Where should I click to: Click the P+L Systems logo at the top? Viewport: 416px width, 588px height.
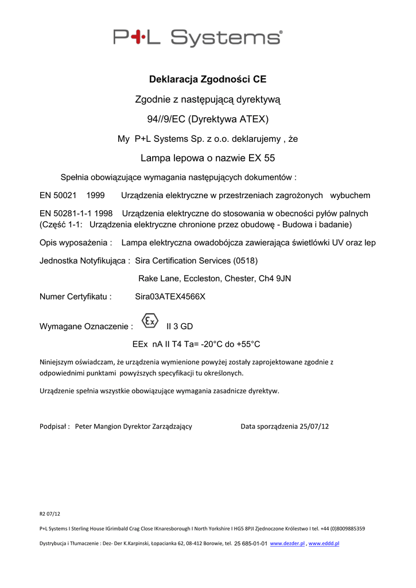click(x=198, y=38)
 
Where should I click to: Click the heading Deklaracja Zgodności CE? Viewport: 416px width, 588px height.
click(x=208, y=79)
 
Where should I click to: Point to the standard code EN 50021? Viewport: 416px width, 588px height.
click(x=57, y=196)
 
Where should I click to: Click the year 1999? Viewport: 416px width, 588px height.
click(x=95, y=196)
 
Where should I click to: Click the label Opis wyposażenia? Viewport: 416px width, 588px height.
click(x=75, y=243)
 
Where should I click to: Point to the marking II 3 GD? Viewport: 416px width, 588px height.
click(x=180, y=326)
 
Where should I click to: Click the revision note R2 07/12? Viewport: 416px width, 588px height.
click(x=49, y=513)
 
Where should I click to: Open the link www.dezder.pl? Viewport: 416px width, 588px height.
click(x=287, y=543)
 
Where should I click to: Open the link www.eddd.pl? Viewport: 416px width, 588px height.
click(x=324, y=543)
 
